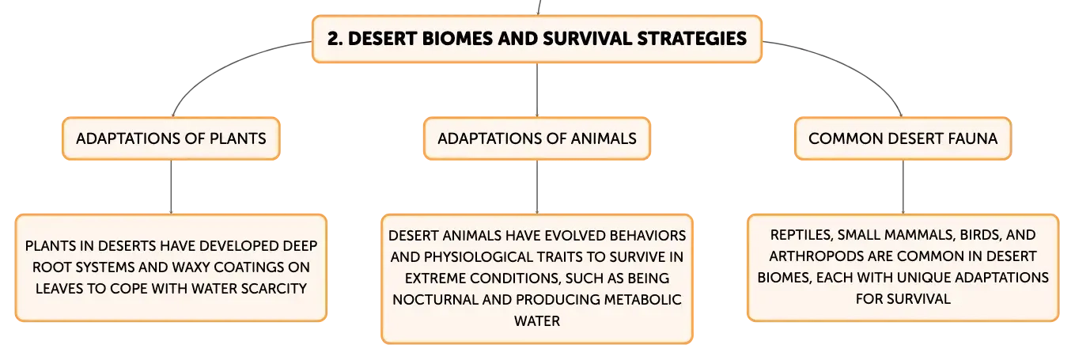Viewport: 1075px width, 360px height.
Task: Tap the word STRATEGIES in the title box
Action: tap(691, 39)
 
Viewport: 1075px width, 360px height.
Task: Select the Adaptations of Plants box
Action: tap(171, 138)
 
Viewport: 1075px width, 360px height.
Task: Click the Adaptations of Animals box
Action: tap(537, 138)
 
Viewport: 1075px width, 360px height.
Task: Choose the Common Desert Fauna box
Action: tap(903, 138)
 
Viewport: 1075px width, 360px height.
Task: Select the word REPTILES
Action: tap(801, 235)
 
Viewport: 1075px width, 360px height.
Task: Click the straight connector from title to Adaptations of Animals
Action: tap(537, 89)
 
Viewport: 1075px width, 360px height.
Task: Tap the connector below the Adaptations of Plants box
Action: tap(171, 187)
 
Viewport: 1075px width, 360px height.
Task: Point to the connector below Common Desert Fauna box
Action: tap(903, 187)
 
